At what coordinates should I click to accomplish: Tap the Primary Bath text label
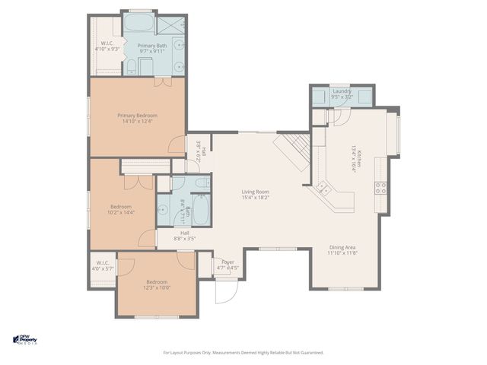151,46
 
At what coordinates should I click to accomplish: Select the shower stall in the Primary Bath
170,25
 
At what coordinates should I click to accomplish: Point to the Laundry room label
342,91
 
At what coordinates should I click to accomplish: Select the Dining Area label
342,248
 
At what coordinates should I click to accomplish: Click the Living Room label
256,192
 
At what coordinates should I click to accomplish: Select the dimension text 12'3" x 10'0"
158,287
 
